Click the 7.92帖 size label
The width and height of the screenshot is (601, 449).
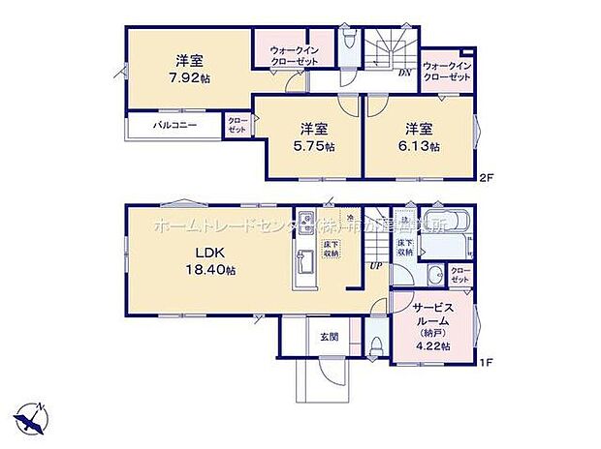coord(187,77)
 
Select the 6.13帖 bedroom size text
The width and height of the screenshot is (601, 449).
coord(422,147)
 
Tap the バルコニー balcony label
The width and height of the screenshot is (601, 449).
coord(174,126)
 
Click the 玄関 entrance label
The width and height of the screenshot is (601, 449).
coord(329,337)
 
